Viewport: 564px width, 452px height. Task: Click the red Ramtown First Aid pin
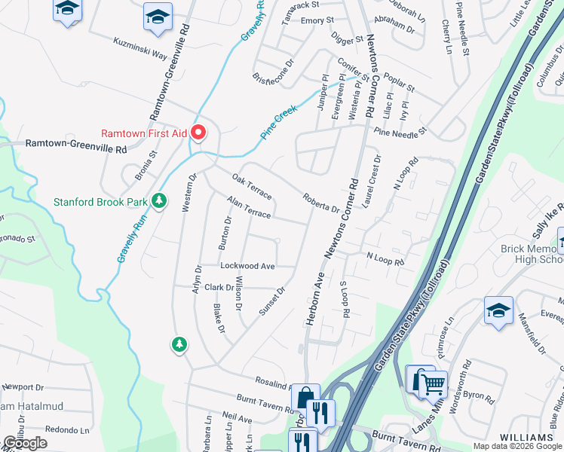point(199,133)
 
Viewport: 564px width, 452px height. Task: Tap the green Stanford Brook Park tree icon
point(158,201)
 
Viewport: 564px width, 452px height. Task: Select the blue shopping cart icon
point(433,384)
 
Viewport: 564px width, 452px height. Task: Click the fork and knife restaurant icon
point(321,414)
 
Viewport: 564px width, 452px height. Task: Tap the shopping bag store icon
point(306,399)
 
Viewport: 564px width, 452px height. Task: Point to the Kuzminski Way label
point(140,48)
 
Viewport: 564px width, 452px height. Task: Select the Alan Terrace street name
point(249,209)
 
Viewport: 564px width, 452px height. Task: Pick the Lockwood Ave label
point(247,266)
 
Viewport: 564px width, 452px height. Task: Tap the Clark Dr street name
point(219,287)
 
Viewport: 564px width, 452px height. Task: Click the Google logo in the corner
point(25,443)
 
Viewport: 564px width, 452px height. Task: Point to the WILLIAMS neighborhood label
point(526,438)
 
